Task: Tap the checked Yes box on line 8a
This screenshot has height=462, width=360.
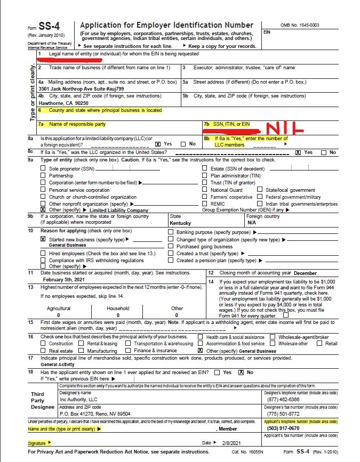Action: pyautogui.click(x=157, y=144)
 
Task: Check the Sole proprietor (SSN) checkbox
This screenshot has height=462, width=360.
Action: pyautogui.click(x=43, y=168)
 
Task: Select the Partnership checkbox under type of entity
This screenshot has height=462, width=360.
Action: pyautogui.click(x=43, y=175)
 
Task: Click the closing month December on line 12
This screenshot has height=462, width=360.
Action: pyautogui.click(x=305, y=273)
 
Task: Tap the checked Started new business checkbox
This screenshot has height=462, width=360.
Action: pyautogui.click(x=43, y=239)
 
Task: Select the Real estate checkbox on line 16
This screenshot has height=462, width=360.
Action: pyautogui.click(x=43, y=351)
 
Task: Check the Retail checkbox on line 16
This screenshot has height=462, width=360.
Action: pyautogui.click(x=319, y=344)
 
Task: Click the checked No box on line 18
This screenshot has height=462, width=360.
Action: pyautogui.click(x=241, y=372)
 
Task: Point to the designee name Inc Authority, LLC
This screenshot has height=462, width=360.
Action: pyautogui.click(x=78, y=399)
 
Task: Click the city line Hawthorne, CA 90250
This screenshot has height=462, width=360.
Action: pyautogui.click(x=63, y=103)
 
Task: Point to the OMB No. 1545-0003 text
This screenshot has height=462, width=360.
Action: pyautogui.click(x=299, y=25)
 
